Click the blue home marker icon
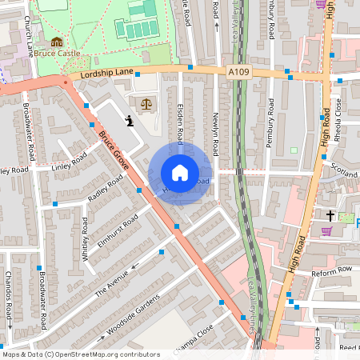180,173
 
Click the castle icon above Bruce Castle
56,42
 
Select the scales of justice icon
146,103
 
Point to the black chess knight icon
130,120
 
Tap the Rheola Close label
338,118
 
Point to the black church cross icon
330,215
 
